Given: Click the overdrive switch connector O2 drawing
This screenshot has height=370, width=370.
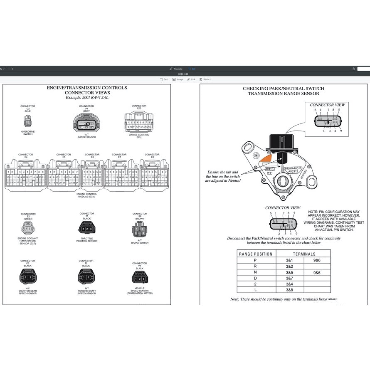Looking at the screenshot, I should [28, 121].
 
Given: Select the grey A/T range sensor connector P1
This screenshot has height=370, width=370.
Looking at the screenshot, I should [86, 124].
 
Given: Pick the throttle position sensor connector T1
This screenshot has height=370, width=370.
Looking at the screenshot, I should [86, 229].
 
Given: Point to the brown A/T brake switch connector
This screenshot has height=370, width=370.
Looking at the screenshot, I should [140, 230].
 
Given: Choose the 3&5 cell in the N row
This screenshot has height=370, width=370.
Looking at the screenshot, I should [290, 272].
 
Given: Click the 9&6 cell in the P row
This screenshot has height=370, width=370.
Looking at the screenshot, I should [317, 260].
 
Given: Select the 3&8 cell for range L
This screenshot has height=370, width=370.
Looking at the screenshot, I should [290, 290].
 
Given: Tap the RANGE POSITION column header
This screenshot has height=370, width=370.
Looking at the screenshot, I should [256, 254].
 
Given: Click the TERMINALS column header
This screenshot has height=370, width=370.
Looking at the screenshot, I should [304, 254].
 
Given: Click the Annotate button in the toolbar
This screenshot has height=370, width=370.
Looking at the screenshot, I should [176, 69].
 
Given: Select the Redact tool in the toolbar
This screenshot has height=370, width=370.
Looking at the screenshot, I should [205, 79].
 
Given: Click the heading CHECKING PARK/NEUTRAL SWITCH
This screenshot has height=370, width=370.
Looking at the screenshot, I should [284, 89].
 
